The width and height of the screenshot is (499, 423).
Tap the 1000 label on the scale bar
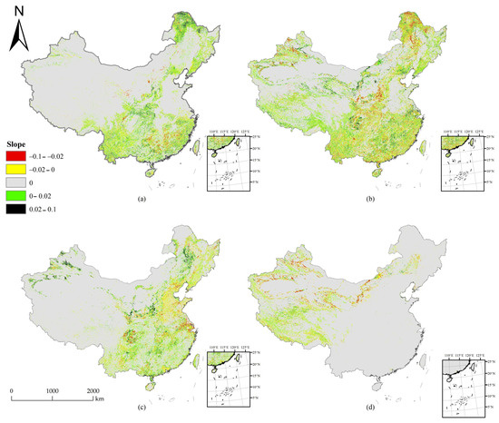tap(53, 389)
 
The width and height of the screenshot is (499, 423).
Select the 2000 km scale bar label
tap(97, 389)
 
